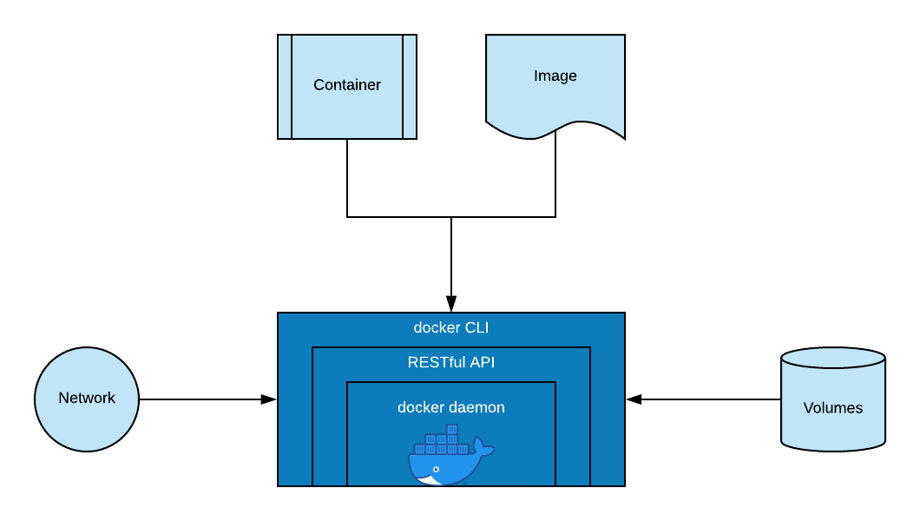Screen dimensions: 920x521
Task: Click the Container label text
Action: click(x=347, y=85)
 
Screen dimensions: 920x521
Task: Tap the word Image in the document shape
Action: click(x=555, y=76)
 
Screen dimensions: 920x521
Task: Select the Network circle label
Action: click(x=87, y=398)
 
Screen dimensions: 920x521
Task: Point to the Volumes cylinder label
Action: click(x=832, y=408)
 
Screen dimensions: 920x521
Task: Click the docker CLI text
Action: click(x=451, y=327)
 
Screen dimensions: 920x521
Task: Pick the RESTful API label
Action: click(x=451, y=362)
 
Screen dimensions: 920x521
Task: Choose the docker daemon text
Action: click(x=451, y=407)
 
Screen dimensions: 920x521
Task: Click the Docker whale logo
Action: click(x=451, y=455)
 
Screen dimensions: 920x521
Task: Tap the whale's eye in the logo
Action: click(x=436, y=470)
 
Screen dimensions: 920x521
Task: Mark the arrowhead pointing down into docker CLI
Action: click(x=451, y=304)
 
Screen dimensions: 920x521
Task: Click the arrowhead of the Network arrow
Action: click(x=268, y=399)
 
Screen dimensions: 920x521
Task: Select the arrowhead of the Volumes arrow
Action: click(x=634, y=399)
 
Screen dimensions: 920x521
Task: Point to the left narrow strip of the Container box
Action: click(x=285, y=87)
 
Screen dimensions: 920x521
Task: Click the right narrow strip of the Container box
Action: click(x=410, y=87)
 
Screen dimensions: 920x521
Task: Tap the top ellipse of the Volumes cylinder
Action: click(x=832, y=358)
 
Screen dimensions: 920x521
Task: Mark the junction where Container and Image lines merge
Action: click(x=451, y=217)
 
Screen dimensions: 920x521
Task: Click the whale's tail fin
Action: click(x=483, y=447)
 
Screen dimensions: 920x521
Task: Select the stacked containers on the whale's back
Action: click(x=442, y=439)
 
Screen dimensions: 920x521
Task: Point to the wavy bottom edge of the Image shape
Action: click(x=555, y=131)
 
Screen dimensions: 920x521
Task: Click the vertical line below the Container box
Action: click(x=347, y=178)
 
